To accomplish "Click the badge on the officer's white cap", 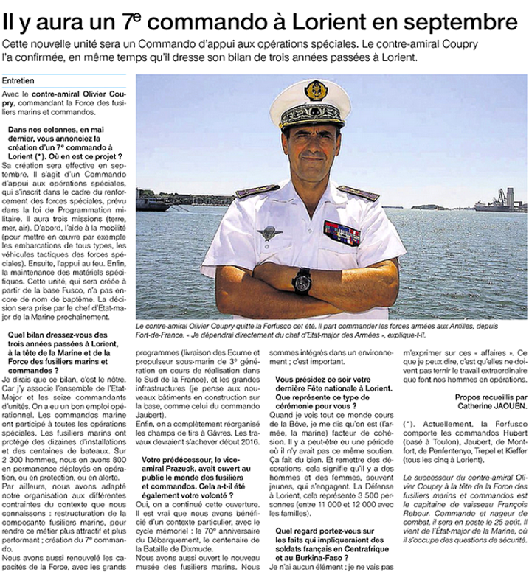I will coord(316,91).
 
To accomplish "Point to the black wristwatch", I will coord(302,280).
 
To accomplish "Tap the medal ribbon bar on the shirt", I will coord(342,233).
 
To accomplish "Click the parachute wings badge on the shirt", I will coord(269,233).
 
